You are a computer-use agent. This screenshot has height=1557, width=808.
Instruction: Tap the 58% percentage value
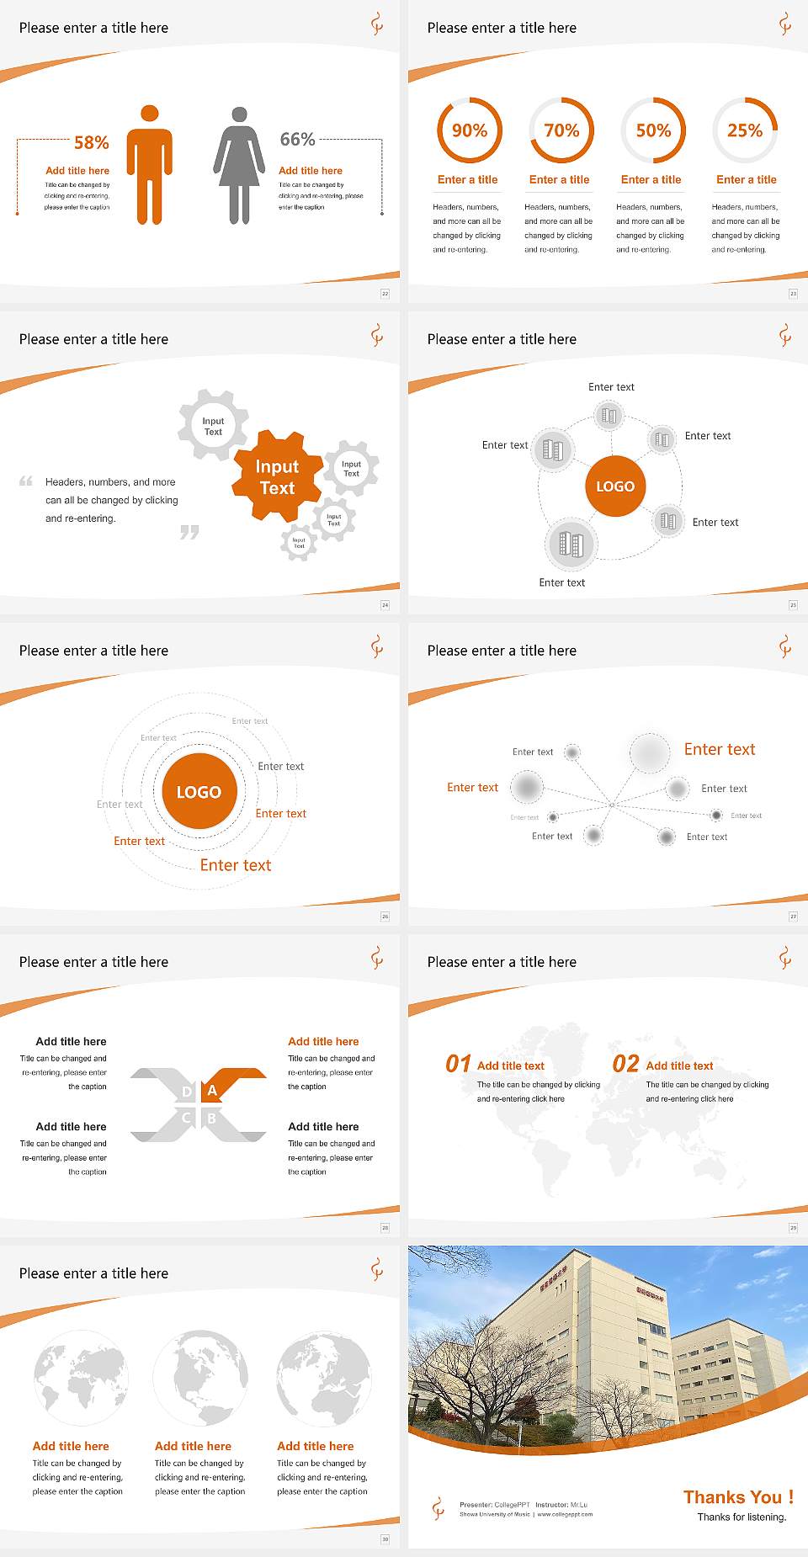coord(92,143)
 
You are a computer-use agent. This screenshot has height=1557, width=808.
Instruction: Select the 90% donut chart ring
coord(469,130)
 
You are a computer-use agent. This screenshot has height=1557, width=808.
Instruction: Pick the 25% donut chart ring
coord(745,130)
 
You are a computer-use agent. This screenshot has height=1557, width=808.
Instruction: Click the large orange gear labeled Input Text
coord(277,477)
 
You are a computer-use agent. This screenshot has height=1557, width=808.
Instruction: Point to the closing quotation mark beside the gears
coord(189,533)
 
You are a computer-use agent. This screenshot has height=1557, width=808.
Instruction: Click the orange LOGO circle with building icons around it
coord(615,486)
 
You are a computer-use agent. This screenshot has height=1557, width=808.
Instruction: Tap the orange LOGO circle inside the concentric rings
coord(199,792)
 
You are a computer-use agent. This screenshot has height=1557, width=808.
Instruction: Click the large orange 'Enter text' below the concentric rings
coord(236,865)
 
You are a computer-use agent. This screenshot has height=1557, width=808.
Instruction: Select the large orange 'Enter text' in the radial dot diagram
coord(720,749)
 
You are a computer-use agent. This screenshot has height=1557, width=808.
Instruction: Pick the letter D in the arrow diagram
coord(187,1092)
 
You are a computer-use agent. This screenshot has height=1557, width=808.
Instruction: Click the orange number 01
coord(458,1064)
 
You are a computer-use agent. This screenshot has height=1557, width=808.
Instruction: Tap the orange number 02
coord(626,1064)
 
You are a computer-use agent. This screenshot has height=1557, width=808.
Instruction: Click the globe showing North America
coord(200,1378)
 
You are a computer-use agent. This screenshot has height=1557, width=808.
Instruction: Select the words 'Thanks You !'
coord(738,1497)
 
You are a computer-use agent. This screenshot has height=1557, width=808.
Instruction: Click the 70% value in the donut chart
coord(561,130)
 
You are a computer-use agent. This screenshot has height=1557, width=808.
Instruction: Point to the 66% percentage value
coord(297,139)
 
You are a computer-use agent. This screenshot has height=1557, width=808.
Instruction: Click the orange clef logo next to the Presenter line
coord(438,1508)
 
